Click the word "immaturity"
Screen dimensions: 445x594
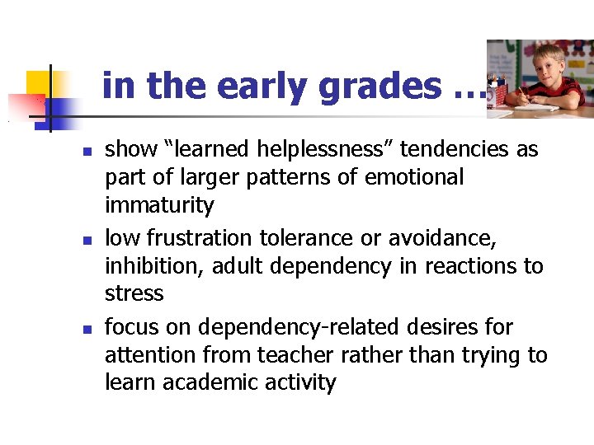159,205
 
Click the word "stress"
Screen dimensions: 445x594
134,294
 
